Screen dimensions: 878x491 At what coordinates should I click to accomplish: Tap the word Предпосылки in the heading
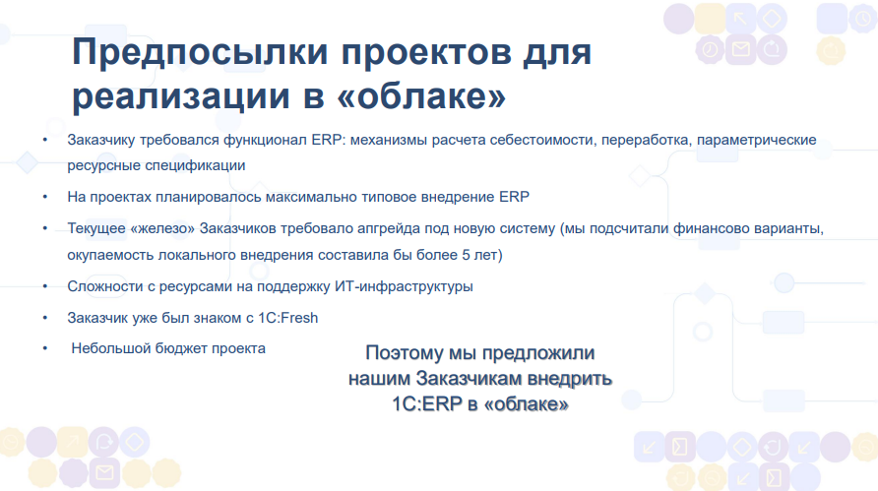click(x=200, y=52)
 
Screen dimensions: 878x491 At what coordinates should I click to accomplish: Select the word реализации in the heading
click(x=181, y=97)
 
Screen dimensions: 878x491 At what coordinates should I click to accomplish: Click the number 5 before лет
click(x=466, y=255)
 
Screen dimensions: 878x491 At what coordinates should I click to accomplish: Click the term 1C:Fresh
click(x=287, y=318)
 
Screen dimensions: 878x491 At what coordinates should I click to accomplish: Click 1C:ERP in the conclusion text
click(x=427, y=403)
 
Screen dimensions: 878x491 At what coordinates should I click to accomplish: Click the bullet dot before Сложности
click(x=45, y=286)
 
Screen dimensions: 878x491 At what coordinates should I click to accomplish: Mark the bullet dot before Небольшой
click(x=45, y=348)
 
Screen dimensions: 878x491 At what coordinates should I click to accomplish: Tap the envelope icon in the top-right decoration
click(x=741, y=50)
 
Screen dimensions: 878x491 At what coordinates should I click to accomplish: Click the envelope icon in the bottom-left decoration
click(x=104, y=473)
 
